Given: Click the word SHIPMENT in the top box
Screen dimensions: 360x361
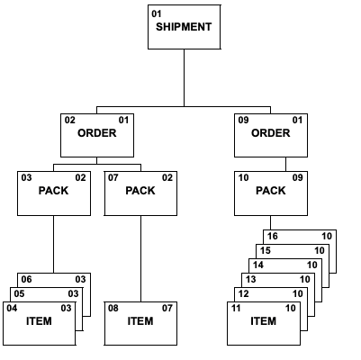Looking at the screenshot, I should click(x=184, y=27).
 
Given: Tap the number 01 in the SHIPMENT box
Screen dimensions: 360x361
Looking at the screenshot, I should click(x=157, y=14).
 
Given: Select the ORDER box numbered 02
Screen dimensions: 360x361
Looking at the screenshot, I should click(x=96, y=135).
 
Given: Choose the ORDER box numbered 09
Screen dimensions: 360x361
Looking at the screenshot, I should click(x=270, y=135).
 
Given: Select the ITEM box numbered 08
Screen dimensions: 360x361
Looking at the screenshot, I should click(x=140, y=323).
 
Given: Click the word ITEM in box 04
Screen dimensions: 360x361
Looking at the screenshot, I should click(x=39, y=321).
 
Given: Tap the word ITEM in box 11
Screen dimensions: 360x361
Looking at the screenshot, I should click(x=263, y=321).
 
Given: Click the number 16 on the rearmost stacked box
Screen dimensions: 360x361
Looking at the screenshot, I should click(x=273, y=236).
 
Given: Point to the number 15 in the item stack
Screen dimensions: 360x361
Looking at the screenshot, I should click(x=266, y=250).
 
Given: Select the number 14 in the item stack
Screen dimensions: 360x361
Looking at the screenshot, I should click(x=257, y=265).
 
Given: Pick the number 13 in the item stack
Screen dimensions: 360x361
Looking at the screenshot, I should click(x=250, y=280).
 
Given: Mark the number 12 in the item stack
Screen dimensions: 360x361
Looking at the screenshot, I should click(x=243, y=294).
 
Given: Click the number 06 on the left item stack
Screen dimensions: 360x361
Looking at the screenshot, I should click(x=27, y=279).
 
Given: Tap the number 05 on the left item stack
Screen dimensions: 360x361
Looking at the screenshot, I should click(x=19, y=293).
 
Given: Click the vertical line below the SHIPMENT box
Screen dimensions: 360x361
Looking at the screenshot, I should click(x=184, y=76).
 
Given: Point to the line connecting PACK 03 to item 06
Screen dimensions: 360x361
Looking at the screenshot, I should click(x=53, y=243).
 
